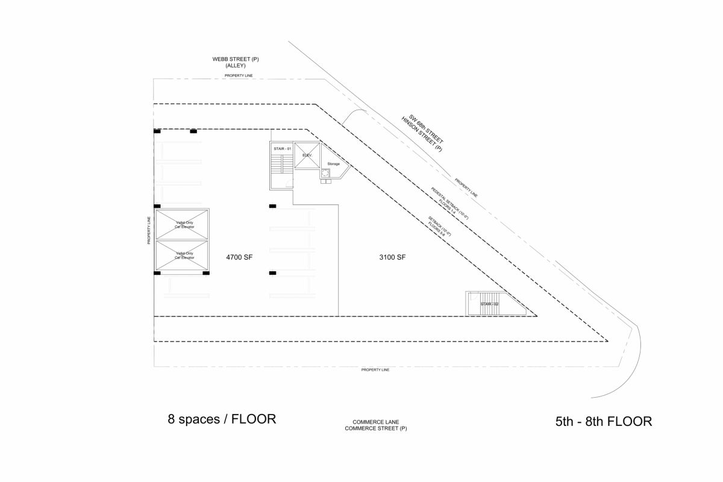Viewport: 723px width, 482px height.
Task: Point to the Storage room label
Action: click(333, 164)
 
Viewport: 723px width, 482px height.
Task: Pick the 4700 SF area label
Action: click(239, 257)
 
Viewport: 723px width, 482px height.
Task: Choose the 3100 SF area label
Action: click(392, 257)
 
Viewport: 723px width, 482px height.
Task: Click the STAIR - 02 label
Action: click(489, 304)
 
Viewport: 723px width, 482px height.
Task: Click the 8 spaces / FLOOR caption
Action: click(222, 419)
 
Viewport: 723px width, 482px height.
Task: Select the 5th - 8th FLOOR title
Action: click(603, 421)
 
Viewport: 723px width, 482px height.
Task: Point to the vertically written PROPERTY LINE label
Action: click(149, 230)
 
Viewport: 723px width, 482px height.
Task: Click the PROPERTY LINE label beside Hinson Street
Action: click(468, 188)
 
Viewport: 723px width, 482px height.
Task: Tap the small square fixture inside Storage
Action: click(326, 174)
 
